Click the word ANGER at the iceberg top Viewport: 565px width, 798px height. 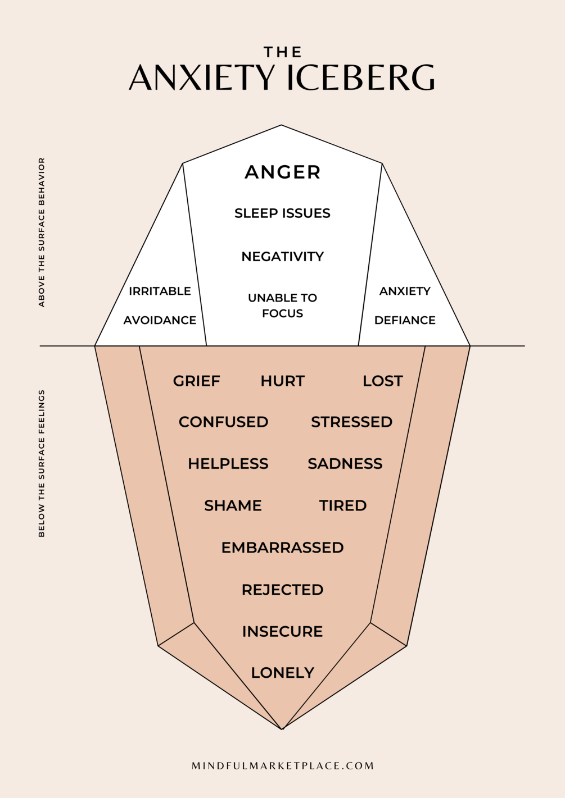[x=282, y=172]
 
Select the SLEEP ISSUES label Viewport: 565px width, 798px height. [x=282, y=213]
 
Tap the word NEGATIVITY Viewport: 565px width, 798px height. [x=282, y=257]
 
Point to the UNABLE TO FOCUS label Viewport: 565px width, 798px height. [x=282, y=305]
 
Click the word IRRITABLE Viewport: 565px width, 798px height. [x=160, y=291]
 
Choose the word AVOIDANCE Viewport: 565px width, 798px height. [x=160, y=320]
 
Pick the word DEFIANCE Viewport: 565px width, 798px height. [x=405, y=320]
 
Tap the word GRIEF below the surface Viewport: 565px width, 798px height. [x=196, y=381]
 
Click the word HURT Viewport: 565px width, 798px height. [x=282, y=381]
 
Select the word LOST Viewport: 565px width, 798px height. [x=382, y=381]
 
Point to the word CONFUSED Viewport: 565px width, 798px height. [x=223, y=422]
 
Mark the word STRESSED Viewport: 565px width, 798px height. [x=351, y=422]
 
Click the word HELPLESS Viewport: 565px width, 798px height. [x=228, y=463]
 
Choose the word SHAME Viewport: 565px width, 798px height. [x=233, y=505]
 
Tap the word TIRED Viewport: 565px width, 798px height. [x=342, y=505]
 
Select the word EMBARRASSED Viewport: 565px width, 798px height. [x=282, y=548]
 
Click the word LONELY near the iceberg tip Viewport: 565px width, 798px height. [x=282, y=672]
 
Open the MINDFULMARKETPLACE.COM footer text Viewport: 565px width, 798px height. [x=282, y=765]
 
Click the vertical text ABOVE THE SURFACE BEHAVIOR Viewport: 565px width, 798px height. [x=42, y=232]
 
